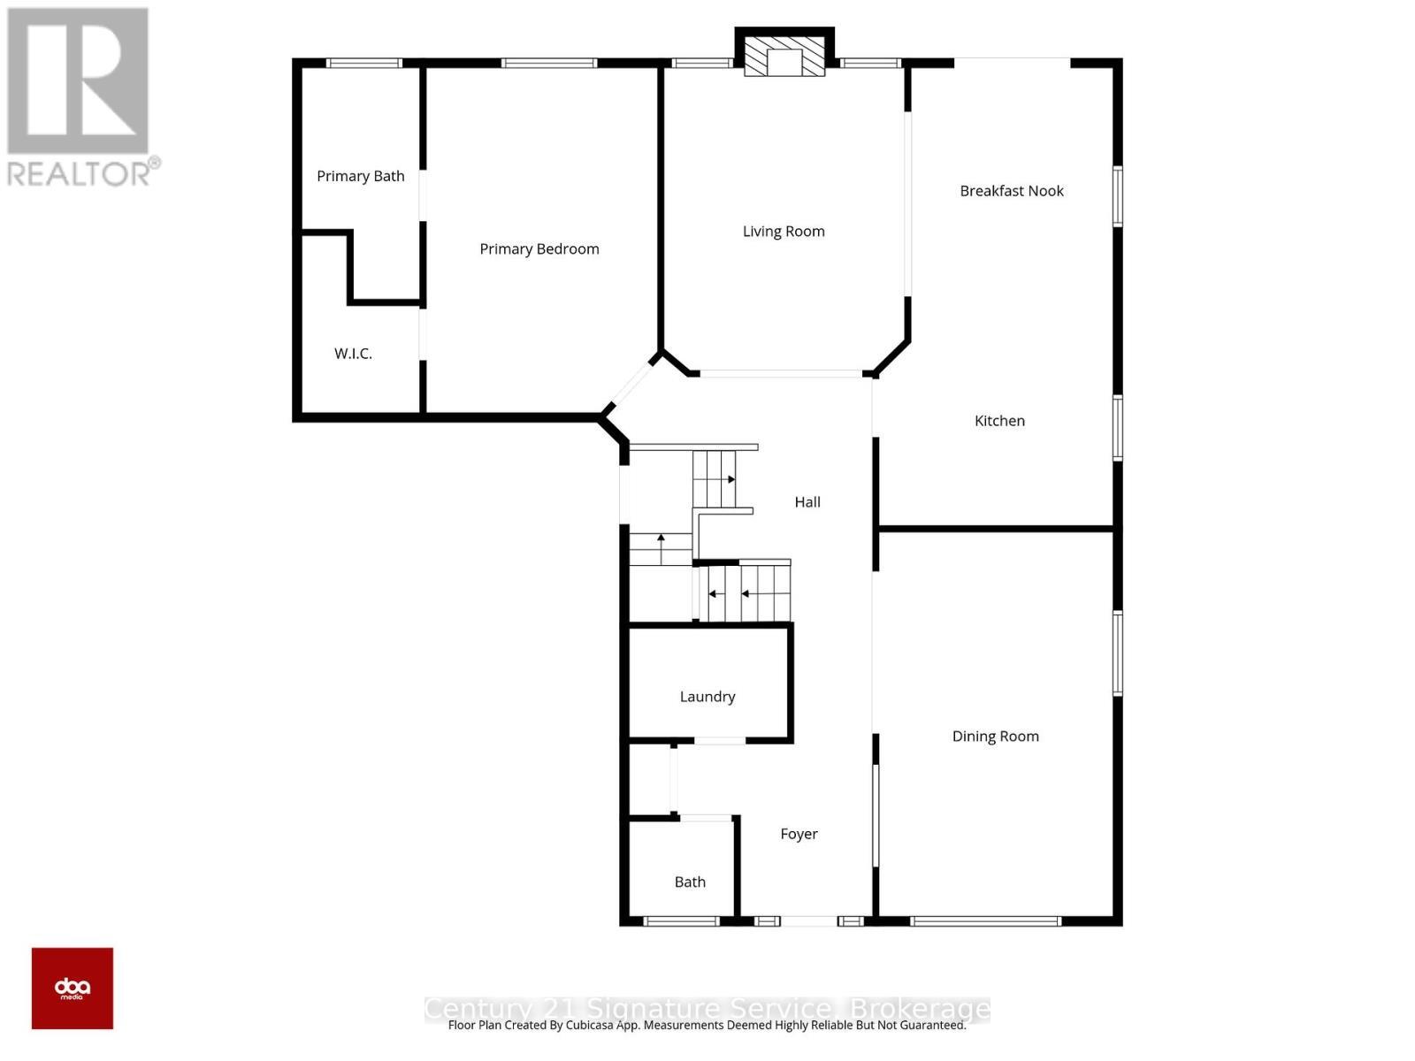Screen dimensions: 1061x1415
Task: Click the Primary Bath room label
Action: (360, 176)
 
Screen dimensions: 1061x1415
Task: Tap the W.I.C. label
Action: (353, 354)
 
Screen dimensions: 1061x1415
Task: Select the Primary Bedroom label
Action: (539, 249)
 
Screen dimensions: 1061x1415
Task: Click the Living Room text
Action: (783, 232)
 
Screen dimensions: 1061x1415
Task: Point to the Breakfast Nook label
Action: (1011, 191)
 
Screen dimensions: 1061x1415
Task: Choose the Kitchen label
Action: (999, 421)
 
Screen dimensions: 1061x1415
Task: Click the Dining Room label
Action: (995, 737)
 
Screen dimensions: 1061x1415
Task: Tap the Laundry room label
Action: (707, 697)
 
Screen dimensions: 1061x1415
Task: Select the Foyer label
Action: (799, 834)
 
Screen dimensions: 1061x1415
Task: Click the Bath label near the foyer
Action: (690, 882)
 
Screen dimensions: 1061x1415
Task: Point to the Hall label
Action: (807, 502)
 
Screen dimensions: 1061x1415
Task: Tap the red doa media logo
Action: (73, 988)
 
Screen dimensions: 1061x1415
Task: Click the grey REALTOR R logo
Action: (78, 81)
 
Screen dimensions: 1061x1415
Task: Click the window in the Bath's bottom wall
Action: (681, 921)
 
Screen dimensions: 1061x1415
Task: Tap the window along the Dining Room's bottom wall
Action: (985, 921)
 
